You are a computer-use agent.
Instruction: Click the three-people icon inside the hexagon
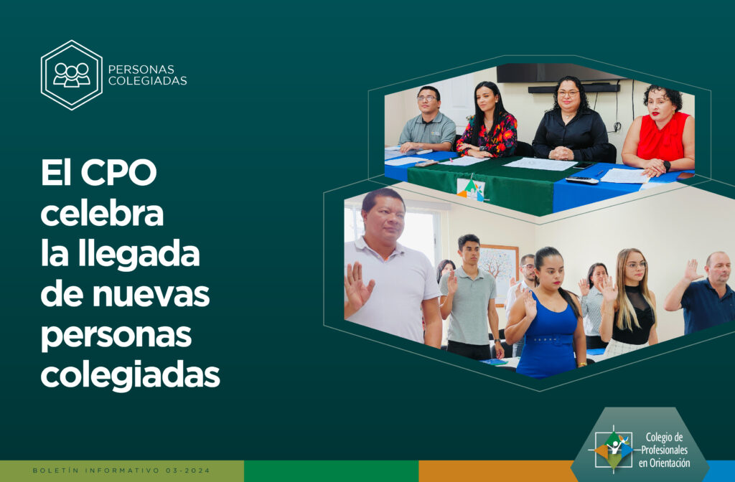(71, 75)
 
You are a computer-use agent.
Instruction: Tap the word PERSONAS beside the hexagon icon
(141, 70)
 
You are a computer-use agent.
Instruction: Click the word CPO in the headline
(118, 173)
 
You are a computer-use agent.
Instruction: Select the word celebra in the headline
(102, 214)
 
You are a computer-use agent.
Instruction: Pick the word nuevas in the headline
(151, 295)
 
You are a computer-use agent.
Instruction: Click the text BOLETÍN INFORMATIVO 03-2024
(121, 471)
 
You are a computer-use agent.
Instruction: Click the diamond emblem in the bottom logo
(614, 450)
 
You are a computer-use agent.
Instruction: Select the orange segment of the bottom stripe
(497, 471)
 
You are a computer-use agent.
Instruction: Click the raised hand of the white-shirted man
(357, 287)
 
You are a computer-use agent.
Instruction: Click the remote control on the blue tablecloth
(581, 180)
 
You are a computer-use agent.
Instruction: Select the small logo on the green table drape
(471, 189)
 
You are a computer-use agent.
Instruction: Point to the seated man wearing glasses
(428, 120)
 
